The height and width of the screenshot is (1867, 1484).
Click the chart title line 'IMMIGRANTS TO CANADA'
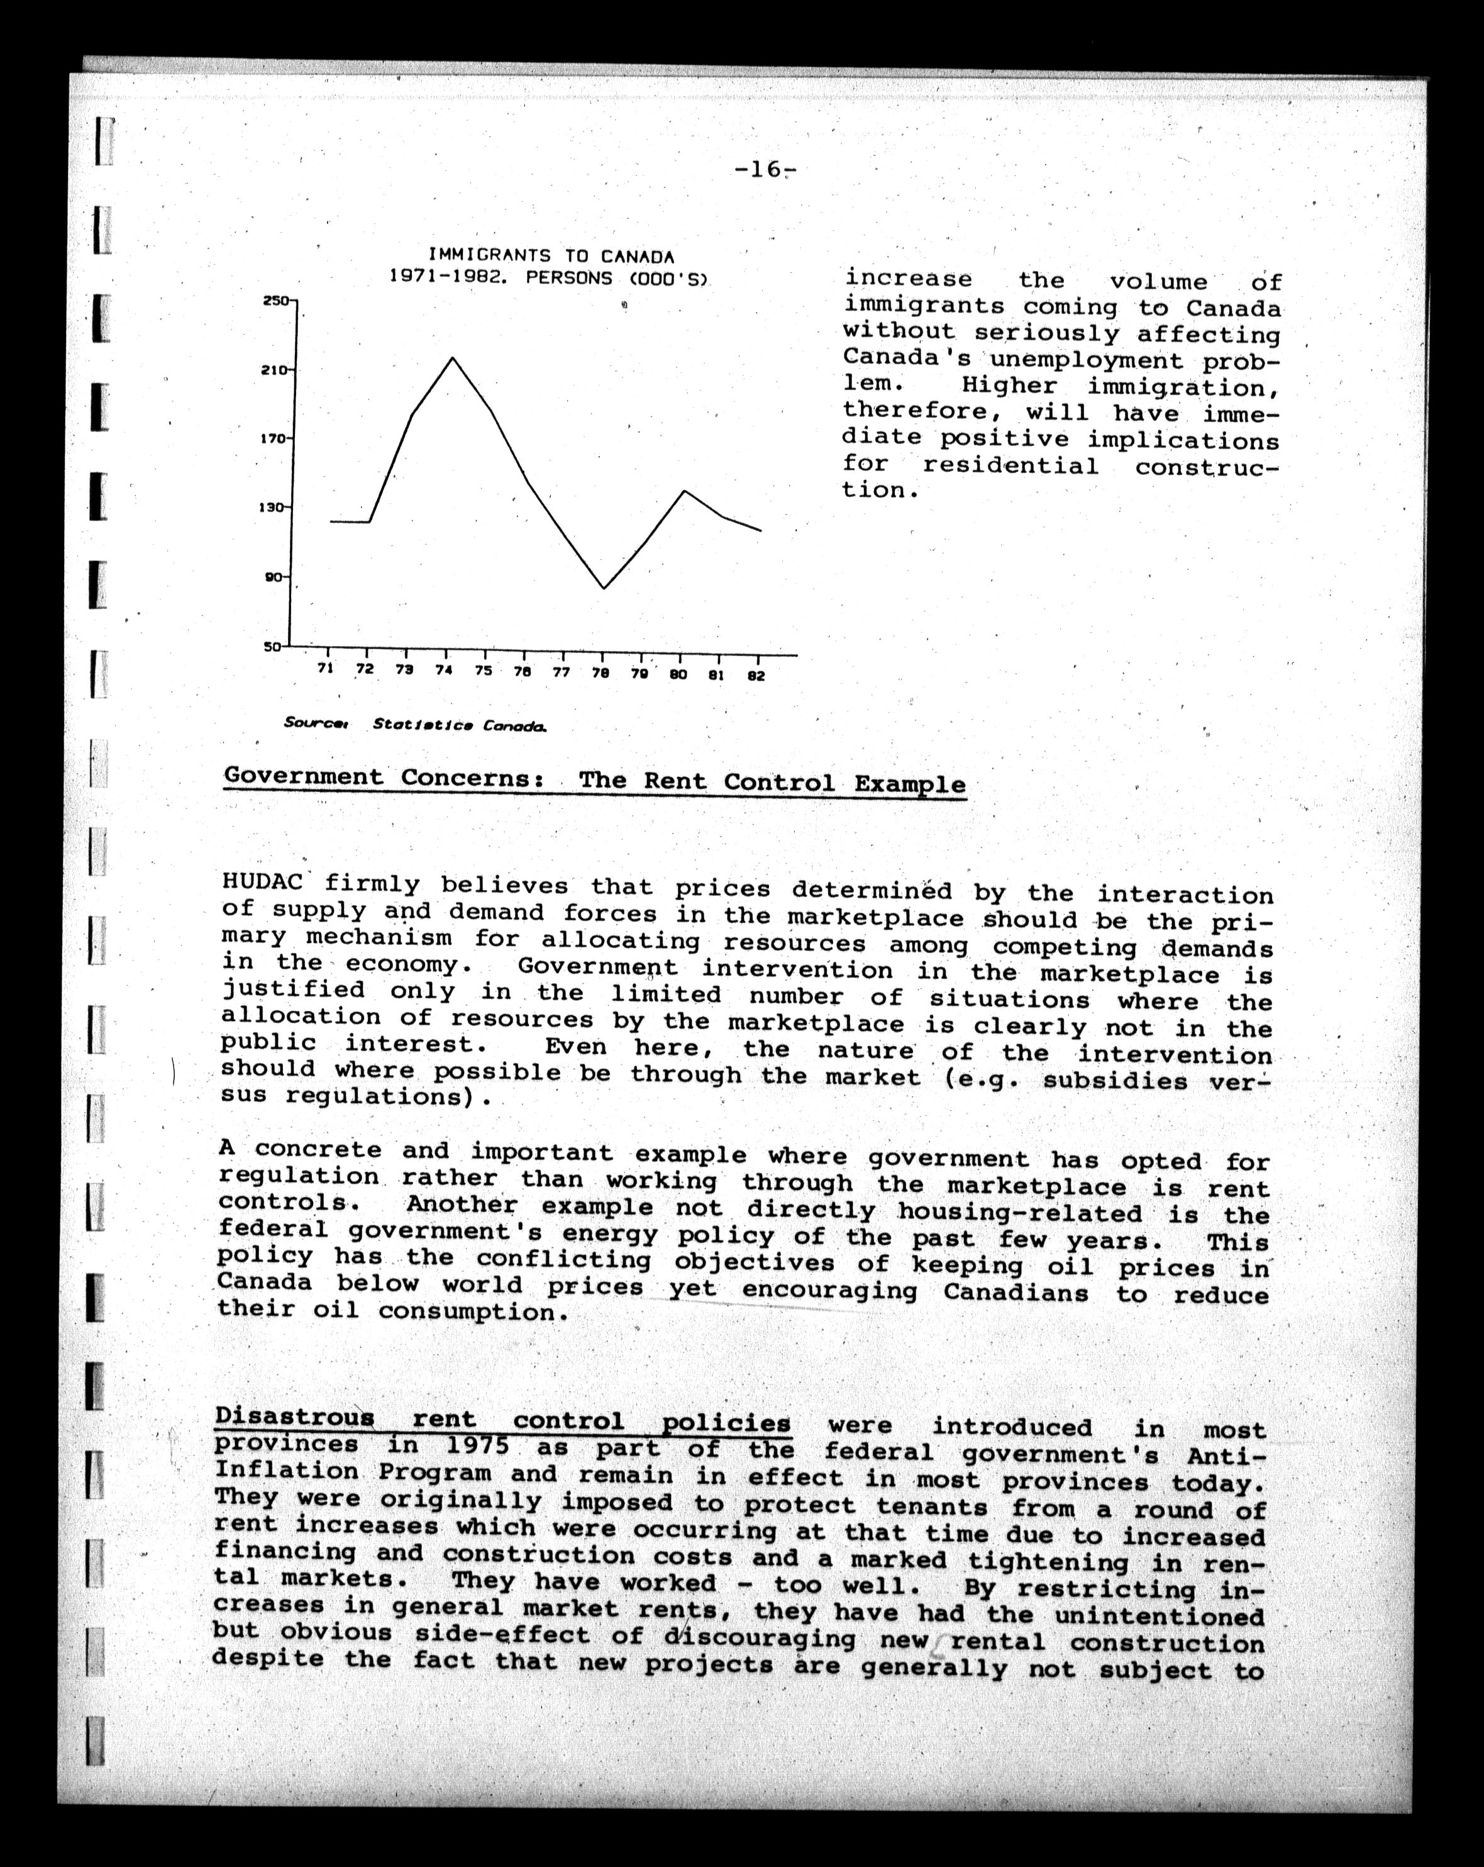(551, 256)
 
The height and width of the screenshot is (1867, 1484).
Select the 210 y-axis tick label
(274, 371)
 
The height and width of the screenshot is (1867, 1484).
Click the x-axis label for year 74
(444, 669)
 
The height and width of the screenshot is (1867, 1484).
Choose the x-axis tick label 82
(756, 676)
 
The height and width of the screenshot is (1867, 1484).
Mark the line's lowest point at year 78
(604, 589)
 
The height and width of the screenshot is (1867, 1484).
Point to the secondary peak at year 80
(684, 491)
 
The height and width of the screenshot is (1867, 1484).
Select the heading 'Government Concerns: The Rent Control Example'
(595, 781)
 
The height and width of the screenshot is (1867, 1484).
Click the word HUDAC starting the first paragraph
(262, 883)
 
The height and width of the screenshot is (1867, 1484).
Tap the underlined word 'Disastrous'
(294, 1418)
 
